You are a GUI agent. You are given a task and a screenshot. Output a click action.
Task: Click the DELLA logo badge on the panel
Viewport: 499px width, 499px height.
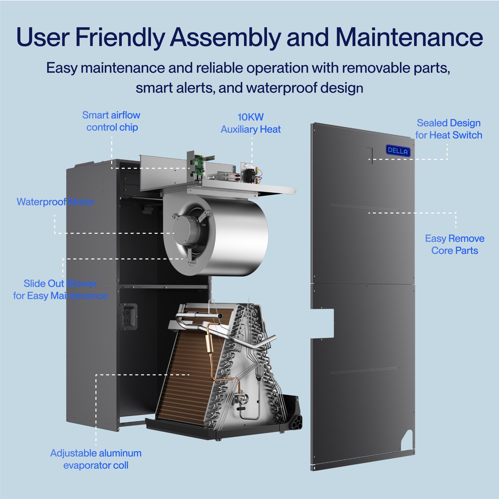[398, 151]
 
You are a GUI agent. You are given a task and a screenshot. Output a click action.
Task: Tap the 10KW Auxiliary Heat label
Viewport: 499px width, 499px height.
[250, 123]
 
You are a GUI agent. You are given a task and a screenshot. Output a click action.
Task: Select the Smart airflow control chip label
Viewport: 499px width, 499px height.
[111, 121]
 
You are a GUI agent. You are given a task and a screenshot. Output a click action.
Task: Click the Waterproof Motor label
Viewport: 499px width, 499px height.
[55, 202]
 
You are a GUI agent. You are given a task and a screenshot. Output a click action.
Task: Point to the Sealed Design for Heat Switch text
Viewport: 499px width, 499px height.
[449, 129]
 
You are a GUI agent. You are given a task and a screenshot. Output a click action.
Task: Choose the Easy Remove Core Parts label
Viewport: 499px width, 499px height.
[455, 244]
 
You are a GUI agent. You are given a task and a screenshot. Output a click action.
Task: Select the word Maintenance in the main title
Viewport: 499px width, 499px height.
[409, 37]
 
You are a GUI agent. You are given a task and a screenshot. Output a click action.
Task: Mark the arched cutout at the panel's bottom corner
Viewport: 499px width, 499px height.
[408, 439]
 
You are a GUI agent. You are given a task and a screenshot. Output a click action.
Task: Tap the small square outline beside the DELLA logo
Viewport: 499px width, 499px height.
[366, 154]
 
